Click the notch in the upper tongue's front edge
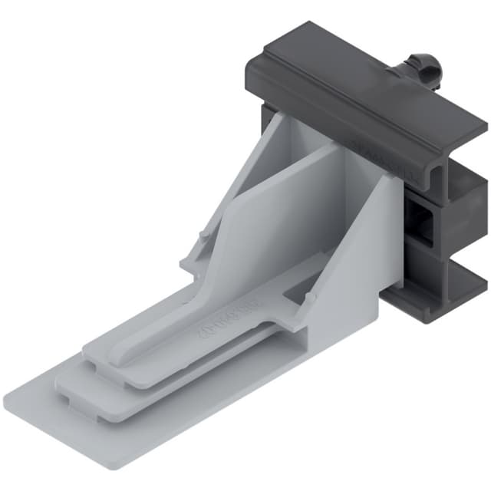pyautogui.click(x=95, y=364)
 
